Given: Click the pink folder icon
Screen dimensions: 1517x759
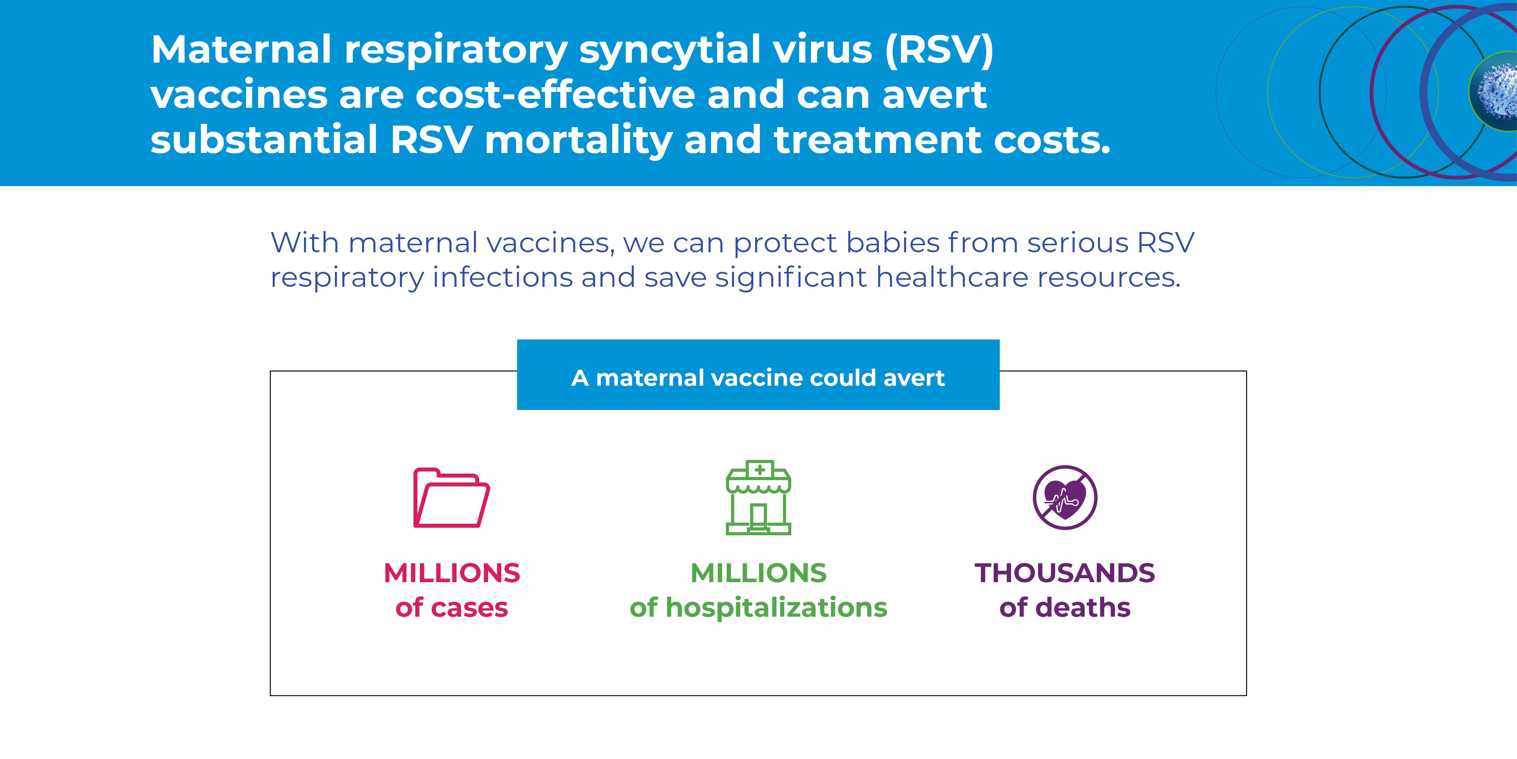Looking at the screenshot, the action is pyautogui.click(x=452, y=497).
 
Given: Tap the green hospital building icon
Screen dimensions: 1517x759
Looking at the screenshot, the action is pyautogui.click(x=759, y=497).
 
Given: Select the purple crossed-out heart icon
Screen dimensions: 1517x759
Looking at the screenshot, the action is pyautogui.click(x=1065, y=497).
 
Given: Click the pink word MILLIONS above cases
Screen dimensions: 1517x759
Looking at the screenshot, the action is pyautogui.click(x=452, y=573).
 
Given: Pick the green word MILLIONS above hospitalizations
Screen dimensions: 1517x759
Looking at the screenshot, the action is pyautogui.click(x=759, y=573).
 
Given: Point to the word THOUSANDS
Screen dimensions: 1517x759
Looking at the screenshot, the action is pyautogui.click(x=1065, y=573).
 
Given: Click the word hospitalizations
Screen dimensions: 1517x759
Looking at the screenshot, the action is pyautogui.click(x=776, y=607).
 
